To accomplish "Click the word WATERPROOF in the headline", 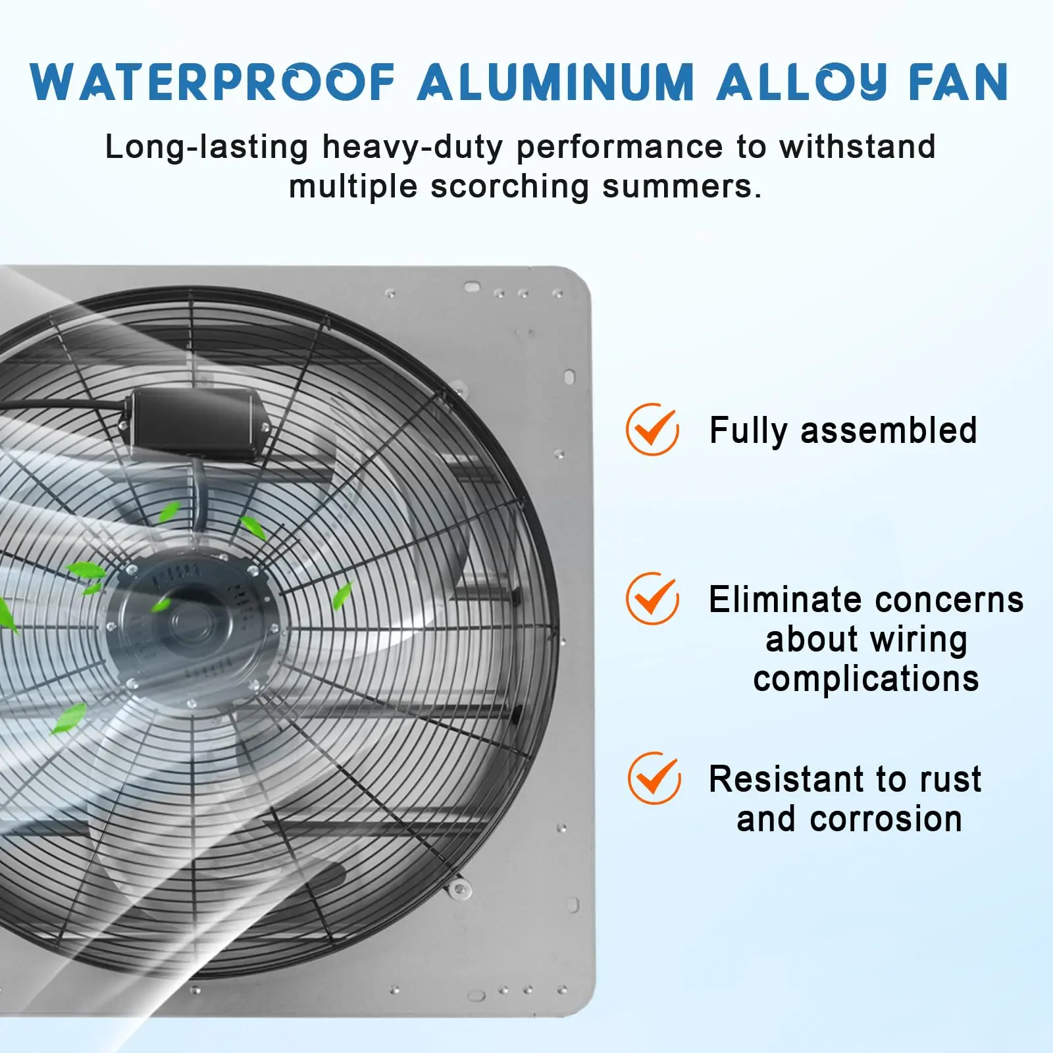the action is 213,82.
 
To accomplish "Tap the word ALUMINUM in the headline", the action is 556,82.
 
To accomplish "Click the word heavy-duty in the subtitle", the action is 413,147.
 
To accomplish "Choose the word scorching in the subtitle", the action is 510,186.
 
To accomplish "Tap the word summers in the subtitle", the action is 682,186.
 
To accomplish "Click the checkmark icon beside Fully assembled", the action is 652,429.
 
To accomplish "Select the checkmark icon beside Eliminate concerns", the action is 652,598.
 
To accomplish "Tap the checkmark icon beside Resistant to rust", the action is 654,778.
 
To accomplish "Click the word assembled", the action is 888,431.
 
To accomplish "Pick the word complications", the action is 866,679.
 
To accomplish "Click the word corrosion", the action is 886,819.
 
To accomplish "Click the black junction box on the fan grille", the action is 195,421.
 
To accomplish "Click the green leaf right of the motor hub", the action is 342,596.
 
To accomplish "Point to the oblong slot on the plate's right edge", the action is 569,377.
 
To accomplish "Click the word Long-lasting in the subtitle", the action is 207,147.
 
